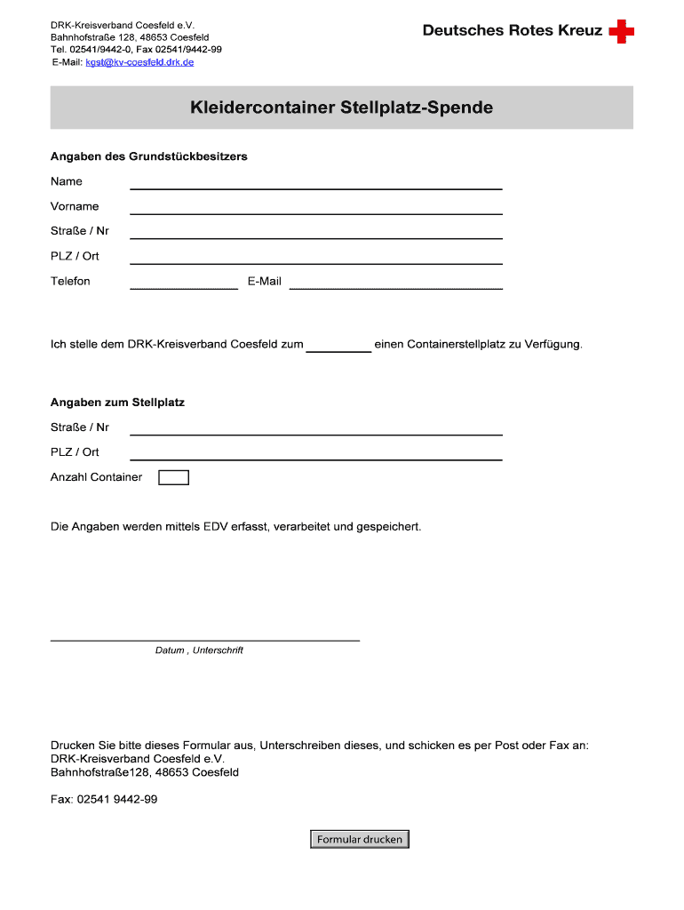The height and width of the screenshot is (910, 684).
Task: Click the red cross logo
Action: click(x=622, y=32)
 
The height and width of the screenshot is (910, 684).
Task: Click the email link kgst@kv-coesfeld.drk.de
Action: click(x=139, y=62)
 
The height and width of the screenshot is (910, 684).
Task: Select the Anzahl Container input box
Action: click(x=173, y=477)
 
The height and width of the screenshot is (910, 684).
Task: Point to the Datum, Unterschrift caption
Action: click(x=199, y=651)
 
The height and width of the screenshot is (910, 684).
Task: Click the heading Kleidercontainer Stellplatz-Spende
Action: click(x=341, y=108)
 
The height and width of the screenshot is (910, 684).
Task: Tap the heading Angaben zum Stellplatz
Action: click(x=117, y=403)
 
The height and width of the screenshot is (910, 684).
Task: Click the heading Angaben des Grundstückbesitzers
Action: click(x=148, y=156)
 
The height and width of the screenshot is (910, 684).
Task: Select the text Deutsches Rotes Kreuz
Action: click(x=513, y=31)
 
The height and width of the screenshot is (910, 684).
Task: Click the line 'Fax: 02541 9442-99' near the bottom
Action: click(x=104, y=799)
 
